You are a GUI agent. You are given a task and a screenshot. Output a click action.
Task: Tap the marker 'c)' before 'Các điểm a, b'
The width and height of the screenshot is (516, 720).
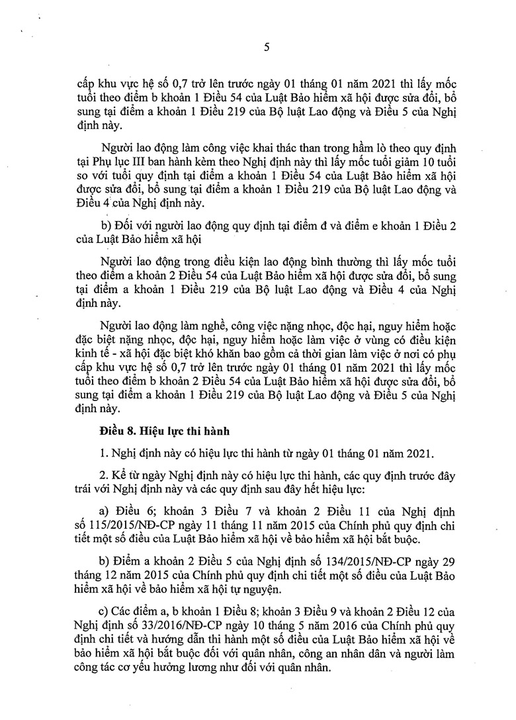click(103, 621)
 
